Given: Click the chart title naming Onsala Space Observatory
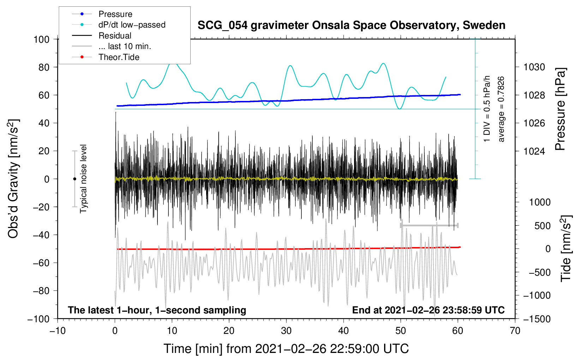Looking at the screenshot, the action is coord(351,25).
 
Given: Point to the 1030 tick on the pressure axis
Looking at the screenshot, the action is coord(534,67).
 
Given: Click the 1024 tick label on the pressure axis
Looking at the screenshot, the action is coord(534,151).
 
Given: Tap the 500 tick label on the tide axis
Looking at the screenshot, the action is coord(542,226).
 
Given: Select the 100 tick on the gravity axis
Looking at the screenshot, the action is coord(41,40).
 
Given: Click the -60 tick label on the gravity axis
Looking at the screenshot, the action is coord(41,263).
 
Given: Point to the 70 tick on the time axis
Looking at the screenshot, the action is coord(515,331).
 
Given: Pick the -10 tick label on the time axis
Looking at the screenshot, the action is coord(58,331).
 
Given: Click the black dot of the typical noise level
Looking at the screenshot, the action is coord(74,179).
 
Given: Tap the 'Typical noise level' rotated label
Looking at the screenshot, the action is coord(83,179).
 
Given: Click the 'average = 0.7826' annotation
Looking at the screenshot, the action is coord(501,109).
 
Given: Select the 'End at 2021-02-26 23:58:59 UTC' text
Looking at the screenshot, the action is coord(428,310).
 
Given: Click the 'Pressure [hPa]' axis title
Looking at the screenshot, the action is coord(560,109).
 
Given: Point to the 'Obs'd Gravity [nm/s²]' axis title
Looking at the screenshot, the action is coord(13,179).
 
